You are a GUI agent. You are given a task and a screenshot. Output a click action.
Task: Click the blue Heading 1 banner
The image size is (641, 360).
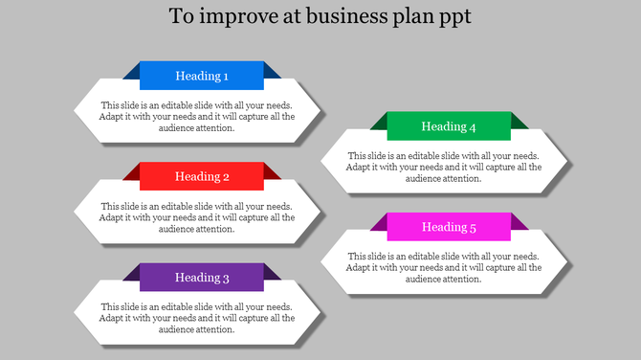click(x=202, y=76)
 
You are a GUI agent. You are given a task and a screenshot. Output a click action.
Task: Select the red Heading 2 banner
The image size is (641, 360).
click(x=202, y=176)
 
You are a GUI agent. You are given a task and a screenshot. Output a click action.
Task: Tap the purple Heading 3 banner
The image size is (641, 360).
click(x=202, y=278)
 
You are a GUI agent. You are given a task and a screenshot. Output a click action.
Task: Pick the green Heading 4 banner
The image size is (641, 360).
click(x=449, y=126)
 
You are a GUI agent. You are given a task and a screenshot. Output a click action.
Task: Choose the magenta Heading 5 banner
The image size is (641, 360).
click(x=449, y=227)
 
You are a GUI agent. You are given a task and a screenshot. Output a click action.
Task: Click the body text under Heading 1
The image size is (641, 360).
click(x=196, y=117)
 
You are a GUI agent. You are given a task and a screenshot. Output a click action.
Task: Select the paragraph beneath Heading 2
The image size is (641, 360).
click(x=196, y=217)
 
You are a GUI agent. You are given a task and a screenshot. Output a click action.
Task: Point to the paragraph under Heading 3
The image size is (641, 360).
click(x=196, y=318)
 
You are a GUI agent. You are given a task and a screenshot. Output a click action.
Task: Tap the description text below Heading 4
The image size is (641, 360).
click(x=443, y=167)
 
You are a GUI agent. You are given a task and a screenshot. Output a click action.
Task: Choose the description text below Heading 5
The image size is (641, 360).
click(x=443, y=267)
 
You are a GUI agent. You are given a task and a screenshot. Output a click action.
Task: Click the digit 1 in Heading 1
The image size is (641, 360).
click(x=226, y=76)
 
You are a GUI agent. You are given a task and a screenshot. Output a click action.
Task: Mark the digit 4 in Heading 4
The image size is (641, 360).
click(x=473, y=126)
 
